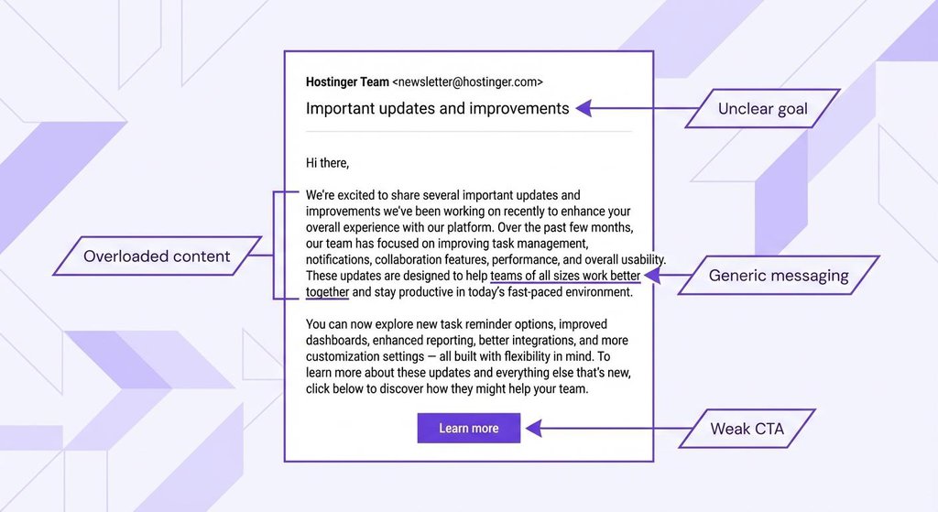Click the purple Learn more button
pyautogui.click(x=468, y=428)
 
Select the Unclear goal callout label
pyautogui.click(x=762, y=108)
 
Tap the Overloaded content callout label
pyautogui.click(x=157, y=256)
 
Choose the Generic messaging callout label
pyautogui.click(x=779, y=275)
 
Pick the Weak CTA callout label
pyautogui.click(x=747, y=429)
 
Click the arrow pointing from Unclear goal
pyautogui.click(x=632, y=108)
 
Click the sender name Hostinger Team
pyautogui.click(x=347, y=82)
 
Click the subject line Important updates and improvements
pyautogui.click(x=437, y=108)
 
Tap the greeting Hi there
pyautogui.click(x=327, y=163)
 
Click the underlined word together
pyautogui.click(x=327, y=292)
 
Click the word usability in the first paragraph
pyautogui.click(x=638, y=260)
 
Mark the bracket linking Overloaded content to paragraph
pyautogui.click(x=274, y=245)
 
